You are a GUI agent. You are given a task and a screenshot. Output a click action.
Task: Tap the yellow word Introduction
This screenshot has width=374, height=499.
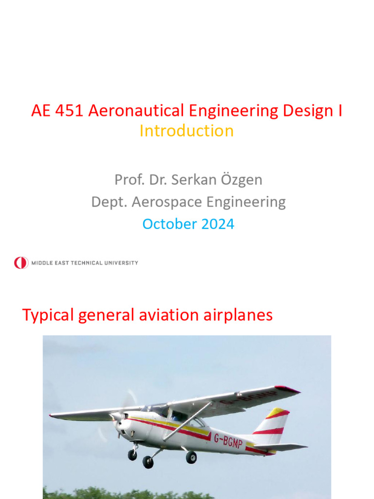pyautogui.click(x=187, y=131)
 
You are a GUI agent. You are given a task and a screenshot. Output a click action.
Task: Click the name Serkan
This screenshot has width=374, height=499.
pyautogui.click(x=196, y=180)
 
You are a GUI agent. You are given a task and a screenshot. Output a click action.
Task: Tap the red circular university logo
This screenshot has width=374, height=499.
pyautogui.click(x=21, y=263)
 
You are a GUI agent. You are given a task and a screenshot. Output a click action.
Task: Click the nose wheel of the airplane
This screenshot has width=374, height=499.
pyautogui.click(x=132, y=455)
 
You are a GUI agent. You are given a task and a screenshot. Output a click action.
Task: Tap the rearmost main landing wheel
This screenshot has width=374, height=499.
pyautogui.click(x=191, y=457)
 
